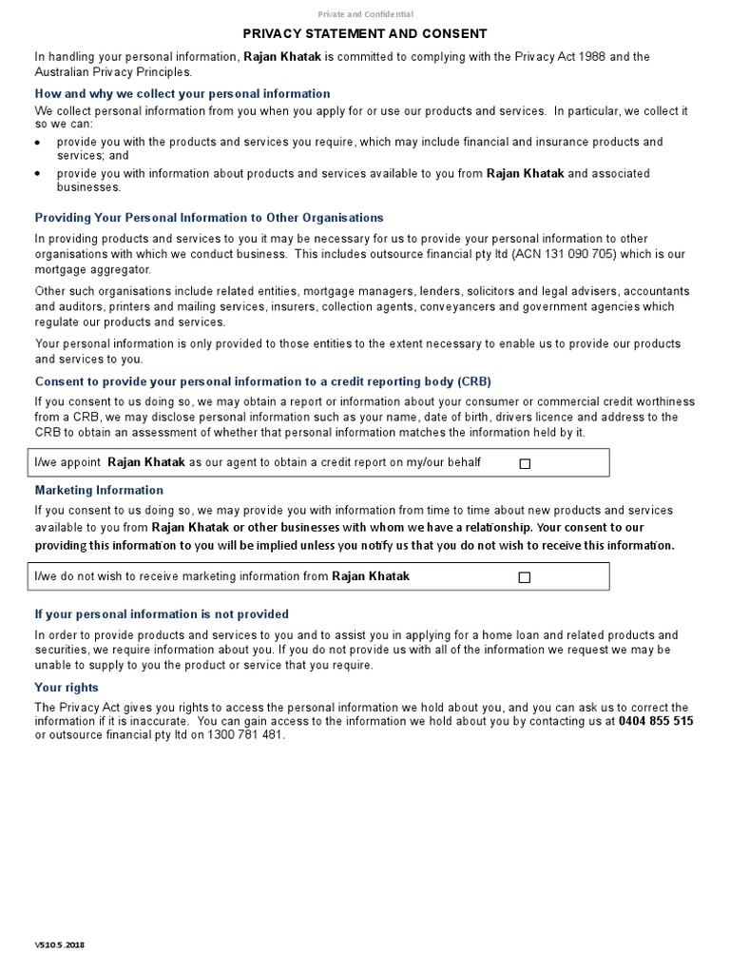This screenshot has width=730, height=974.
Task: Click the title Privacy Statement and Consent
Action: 365,33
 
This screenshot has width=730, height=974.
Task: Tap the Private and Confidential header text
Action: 365,13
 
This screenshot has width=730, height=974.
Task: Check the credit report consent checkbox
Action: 525,463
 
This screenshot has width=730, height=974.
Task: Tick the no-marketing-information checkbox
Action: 525,577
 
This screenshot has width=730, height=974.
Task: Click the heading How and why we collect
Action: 182,94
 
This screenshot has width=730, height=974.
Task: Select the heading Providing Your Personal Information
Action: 209,218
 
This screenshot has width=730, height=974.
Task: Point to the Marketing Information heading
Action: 99,491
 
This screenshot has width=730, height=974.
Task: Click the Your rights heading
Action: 67,688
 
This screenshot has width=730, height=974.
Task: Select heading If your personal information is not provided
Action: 162,614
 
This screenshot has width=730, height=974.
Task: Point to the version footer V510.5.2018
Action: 59,946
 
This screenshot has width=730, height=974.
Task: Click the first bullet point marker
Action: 38,143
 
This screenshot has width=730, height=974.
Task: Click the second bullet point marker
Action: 38,174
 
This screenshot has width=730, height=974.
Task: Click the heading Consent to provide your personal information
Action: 263,381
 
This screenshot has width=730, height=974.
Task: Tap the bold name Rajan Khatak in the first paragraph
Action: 282,57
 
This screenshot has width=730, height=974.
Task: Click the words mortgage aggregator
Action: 89,269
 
